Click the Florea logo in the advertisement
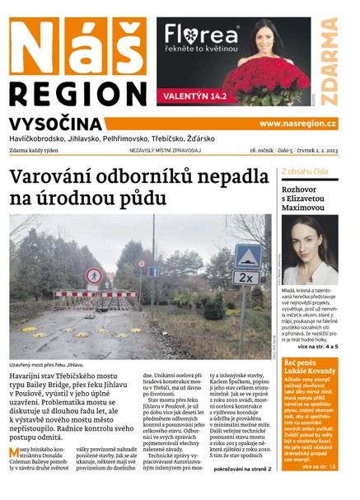coord(202,35)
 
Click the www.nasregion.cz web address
coord(297,124)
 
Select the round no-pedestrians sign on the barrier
coord(94,276)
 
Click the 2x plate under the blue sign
coord(245,278)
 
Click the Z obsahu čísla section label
coord(305,171)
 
